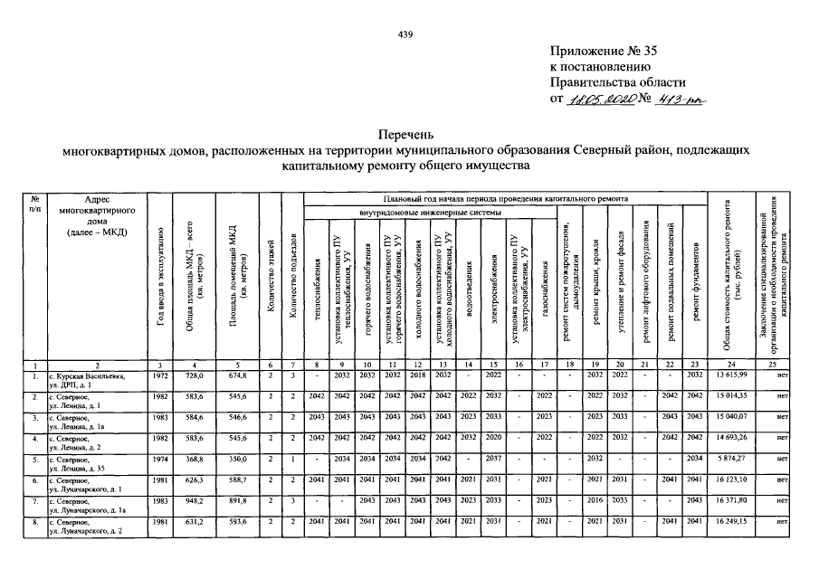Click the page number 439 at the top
[406, 35]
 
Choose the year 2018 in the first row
[417, 374]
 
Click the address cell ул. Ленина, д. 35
[81, 468]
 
